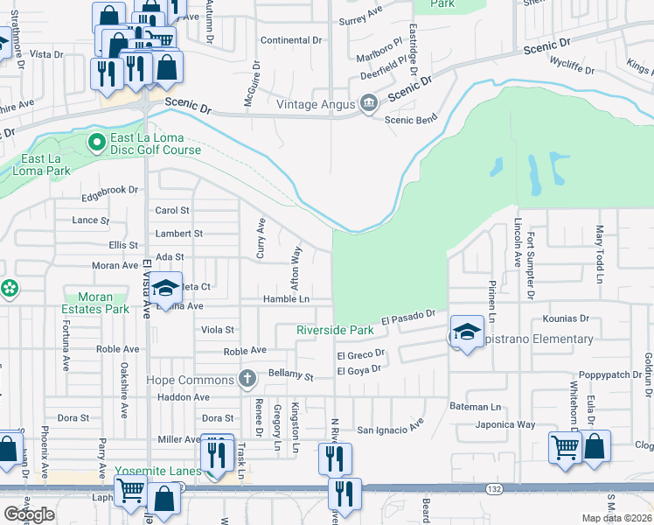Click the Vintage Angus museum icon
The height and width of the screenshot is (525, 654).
click(x=368, y=105)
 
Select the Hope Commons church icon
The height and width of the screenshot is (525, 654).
click(x=247, y=380)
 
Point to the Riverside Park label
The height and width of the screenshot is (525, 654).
click(x=335, y=330)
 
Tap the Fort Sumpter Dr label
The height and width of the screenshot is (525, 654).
click(x=531, y=264)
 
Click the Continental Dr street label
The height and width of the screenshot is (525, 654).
click(x=292, y=40)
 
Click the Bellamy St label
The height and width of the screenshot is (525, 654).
click(x=290, y=375)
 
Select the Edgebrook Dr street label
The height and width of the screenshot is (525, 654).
click(x=110, y=189)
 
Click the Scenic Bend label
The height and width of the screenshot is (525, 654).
click(x=410, y=120)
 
